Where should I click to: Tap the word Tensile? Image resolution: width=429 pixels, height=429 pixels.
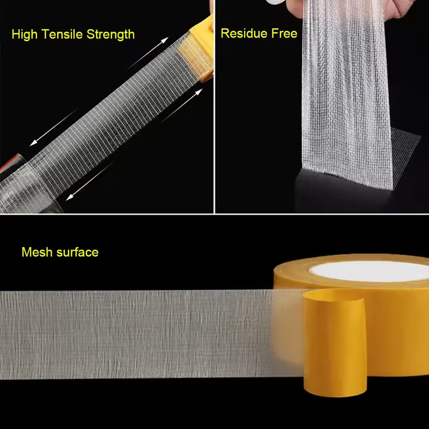click(63, 34)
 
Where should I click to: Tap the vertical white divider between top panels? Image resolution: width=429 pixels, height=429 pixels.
click(215, 107)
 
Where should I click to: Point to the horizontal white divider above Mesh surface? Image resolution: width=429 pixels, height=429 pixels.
click(214, 214)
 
